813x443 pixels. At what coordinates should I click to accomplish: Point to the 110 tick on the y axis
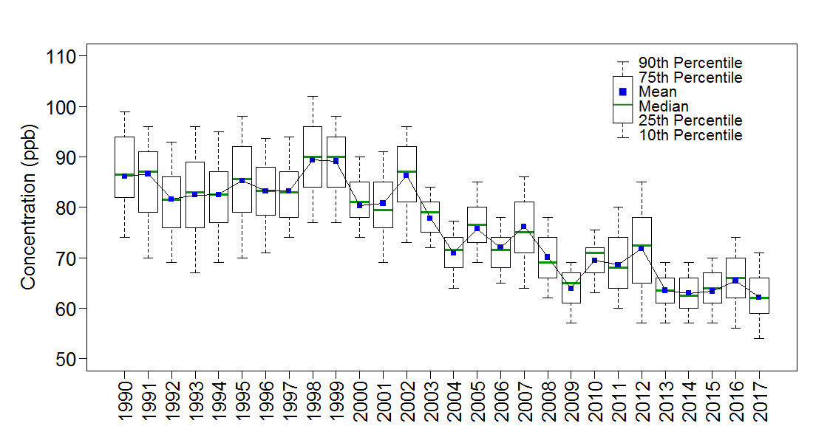(x=64, y=56)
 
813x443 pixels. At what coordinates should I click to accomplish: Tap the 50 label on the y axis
(x=64, y=359)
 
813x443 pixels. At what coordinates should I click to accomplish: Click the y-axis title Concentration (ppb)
(x=28, y=207)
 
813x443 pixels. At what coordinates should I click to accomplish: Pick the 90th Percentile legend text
(x=690, y=63)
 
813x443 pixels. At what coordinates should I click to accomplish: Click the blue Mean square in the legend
(x=622, y=92)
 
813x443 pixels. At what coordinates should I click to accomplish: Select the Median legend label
(x=663, y=106)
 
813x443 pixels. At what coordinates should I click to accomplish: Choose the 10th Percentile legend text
(x=690, y=135)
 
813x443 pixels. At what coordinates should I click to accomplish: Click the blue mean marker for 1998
(x=312, y=159)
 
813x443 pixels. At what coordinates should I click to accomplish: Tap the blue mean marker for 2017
(x=758, y=297)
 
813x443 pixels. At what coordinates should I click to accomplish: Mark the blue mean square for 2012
(x=642, y=248)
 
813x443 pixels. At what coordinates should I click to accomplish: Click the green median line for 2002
(x=406, y=171)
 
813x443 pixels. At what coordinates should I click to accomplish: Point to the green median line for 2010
(x=594, y=253)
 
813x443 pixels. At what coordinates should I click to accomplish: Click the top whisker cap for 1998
(x=312, y=96)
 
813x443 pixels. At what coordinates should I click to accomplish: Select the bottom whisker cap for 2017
(x=758, y=338)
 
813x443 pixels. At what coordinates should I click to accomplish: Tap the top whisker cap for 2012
(x=642, y=182)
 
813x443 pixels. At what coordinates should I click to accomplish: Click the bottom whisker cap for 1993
(x=195, y=272)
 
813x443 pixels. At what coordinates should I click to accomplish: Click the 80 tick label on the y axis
(x=64, y=207)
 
